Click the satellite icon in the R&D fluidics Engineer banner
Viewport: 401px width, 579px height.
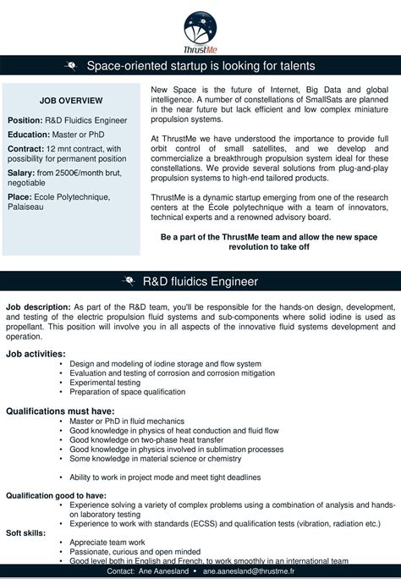point(129,281)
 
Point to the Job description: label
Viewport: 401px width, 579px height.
point(38,306)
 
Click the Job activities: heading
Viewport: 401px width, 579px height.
point(36,353)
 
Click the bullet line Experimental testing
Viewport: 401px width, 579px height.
point(105,382)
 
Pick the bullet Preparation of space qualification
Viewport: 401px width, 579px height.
point(127,392)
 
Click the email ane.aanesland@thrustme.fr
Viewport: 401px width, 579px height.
point(250,572)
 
